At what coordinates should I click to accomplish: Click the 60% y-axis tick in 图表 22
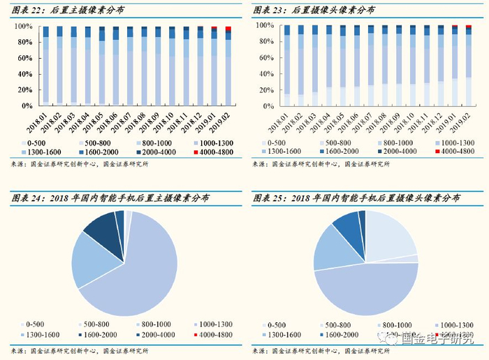24,58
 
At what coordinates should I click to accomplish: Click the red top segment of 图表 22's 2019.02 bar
228,29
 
